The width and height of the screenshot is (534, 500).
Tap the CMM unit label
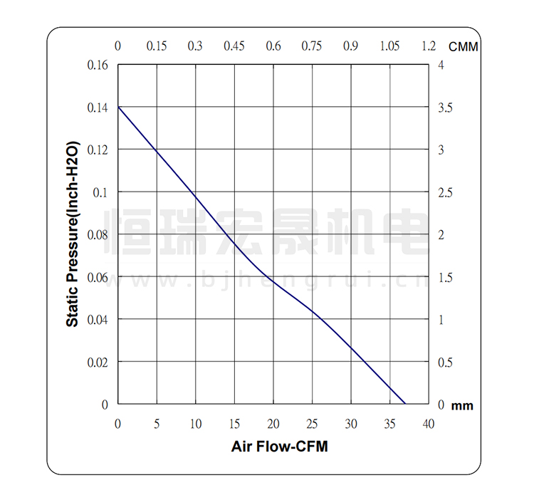pos(463,46)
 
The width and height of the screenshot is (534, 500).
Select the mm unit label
pos(462,406)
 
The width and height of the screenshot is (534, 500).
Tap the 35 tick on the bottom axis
pos(389,425)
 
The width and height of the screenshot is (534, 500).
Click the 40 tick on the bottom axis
pos(428,425)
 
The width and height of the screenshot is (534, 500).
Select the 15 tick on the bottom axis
pos(234,425)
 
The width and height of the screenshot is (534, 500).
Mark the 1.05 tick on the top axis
pos(389,46)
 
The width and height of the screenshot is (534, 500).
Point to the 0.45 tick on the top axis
pos(234,46)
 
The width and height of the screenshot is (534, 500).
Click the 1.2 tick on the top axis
pos(428,46)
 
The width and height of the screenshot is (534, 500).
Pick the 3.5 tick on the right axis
pos(446,108)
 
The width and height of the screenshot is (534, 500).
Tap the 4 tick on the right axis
pos(441,66)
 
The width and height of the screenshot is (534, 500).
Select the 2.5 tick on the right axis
pos(446,192)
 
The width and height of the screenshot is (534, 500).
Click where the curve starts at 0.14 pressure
pos(118,107)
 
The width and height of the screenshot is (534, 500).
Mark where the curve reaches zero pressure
pos(405,404)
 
